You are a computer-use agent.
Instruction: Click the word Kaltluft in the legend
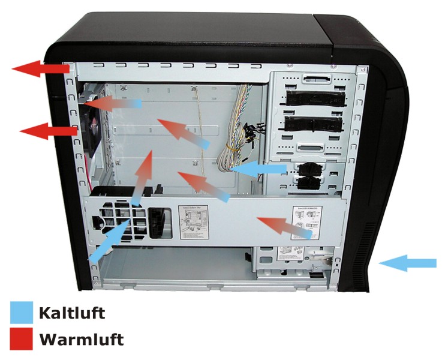coord(71,313)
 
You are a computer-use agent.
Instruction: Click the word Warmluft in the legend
coord(81,340)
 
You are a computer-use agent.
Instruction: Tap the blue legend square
coord(22,313)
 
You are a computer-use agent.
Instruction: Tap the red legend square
coord(22,340)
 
